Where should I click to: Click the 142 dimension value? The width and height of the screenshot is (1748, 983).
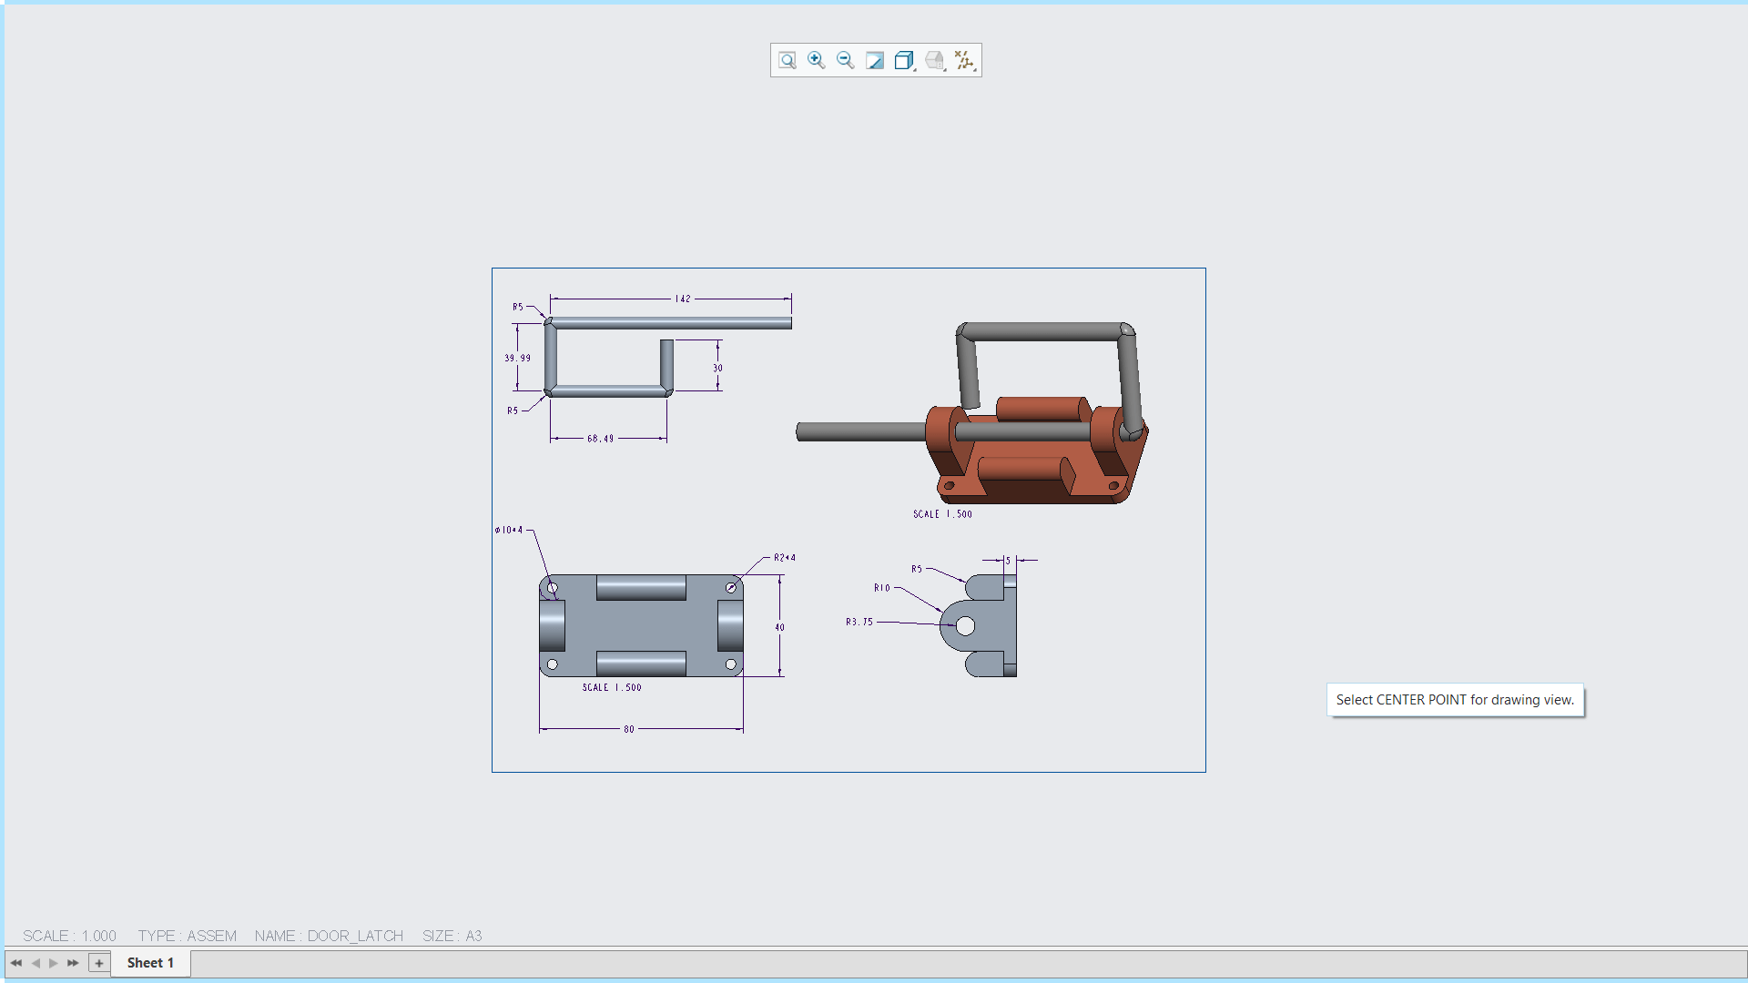coord(682,299)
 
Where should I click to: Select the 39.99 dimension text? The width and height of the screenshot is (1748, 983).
coord(517,358)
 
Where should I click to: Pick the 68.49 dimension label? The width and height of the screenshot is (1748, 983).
coord(600,439)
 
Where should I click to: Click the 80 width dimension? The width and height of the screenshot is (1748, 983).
coord(628,729)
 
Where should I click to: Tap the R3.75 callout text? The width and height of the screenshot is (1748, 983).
coord(859,622)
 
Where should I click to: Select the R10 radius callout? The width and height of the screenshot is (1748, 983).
coord(881,588)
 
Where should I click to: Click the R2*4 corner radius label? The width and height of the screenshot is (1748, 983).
coord(784,557)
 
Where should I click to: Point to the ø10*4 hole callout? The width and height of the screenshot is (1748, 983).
coord(509,530)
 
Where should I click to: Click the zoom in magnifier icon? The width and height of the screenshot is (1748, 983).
coord(816,60)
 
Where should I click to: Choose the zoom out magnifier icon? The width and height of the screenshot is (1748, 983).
coord(845,60)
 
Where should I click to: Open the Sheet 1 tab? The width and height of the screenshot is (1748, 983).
coord(150,962)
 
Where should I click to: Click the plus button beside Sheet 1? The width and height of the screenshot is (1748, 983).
coord(99,962)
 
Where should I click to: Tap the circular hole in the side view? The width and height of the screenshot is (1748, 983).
coord(965,626)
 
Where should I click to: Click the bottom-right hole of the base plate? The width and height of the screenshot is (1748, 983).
coord(730,664)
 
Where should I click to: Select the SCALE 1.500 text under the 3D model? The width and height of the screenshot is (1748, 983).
coord(942,514)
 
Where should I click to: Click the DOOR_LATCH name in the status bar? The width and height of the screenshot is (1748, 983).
coord(355,936)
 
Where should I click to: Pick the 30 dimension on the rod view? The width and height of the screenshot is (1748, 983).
coord(717,368)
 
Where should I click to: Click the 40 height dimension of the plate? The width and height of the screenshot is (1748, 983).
coord(779,627)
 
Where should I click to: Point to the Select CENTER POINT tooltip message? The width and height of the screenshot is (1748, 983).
coord(1454,700)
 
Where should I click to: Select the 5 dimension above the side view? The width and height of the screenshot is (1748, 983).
coord(1008,561)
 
